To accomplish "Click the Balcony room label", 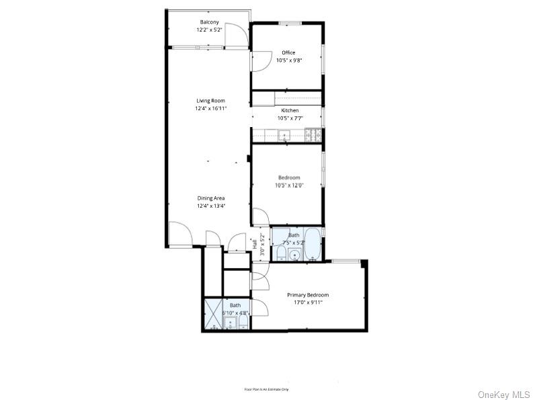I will point(209,22).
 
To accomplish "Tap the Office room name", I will point(288,52).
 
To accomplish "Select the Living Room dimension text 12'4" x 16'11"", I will point(210,108).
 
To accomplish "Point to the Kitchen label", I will point(290,110).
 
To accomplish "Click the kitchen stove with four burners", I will point(313,134).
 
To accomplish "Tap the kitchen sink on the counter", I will point(284,135).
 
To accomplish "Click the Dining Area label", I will point(210,198).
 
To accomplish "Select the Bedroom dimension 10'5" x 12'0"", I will point(289,186).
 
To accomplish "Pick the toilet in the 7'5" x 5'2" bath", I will point(282,253).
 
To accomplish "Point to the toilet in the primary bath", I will point(243,325).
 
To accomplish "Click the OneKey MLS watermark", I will point(503,394).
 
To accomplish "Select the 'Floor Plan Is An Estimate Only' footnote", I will point(266,389).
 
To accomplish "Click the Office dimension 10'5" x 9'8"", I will point(290,61).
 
